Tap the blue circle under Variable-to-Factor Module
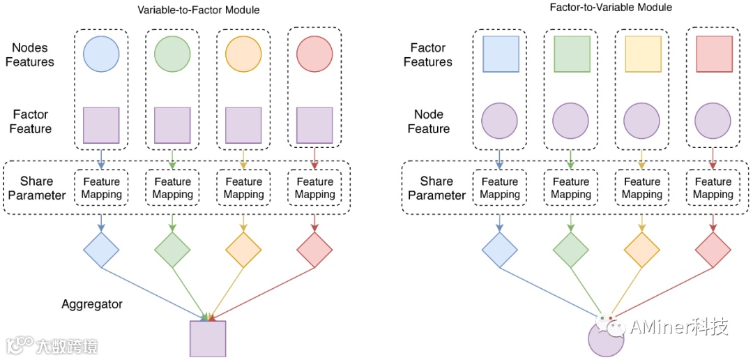[x=101, y=54]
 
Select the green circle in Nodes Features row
[x=172, y=54]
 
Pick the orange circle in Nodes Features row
[x=243, y=54]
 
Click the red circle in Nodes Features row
[x=314, y=54]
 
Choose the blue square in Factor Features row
[x=501, y=54]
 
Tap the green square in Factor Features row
[x=572, y=54]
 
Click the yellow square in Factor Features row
[x=643, y=54]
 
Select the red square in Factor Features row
[x=714, y=54]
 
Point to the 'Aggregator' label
[x=92, y=304]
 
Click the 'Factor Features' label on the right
[x=428, y=55]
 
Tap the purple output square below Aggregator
[x=208, y=339]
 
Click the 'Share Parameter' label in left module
[x=37, y=188]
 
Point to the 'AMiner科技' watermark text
[x=678, y=327]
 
